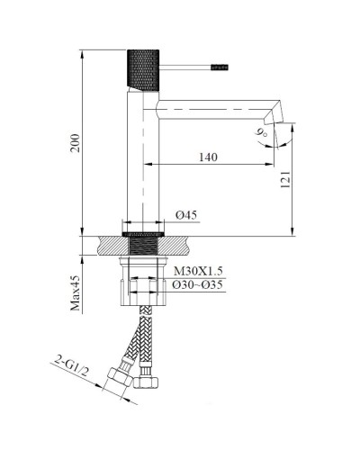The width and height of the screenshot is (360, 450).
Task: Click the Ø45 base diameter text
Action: pos(186,214)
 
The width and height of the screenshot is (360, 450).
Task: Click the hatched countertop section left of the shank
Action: pos(110,243)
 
